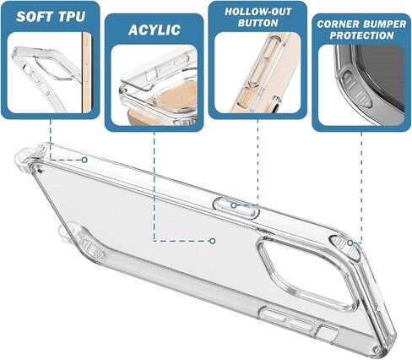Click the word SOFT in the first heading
(35, 17)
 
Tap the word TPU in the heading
(72, 17)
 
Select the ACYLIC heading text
(154, 30)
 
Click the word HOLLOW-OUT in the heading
(257, 12)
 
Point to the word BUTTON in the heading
(257, 23)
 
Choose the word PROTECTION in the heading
(361, 35)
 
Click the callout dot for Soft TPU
(84, 160)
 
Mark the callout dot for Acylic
(213, 241)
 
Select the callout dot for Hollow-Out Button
(233, 205)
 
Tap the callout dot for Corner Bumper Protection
(350, 243)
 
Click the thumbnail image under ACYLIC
(154, 85)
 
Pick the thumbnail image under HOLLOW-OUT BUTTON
(257, 73)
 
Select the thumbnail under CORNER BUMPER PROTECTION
(361, 85)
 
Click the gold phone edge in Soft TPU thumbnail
(87, 73)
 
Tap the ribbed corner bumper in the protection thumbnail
(357, 89)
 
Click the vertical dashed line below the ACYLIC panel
(154, 186)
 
